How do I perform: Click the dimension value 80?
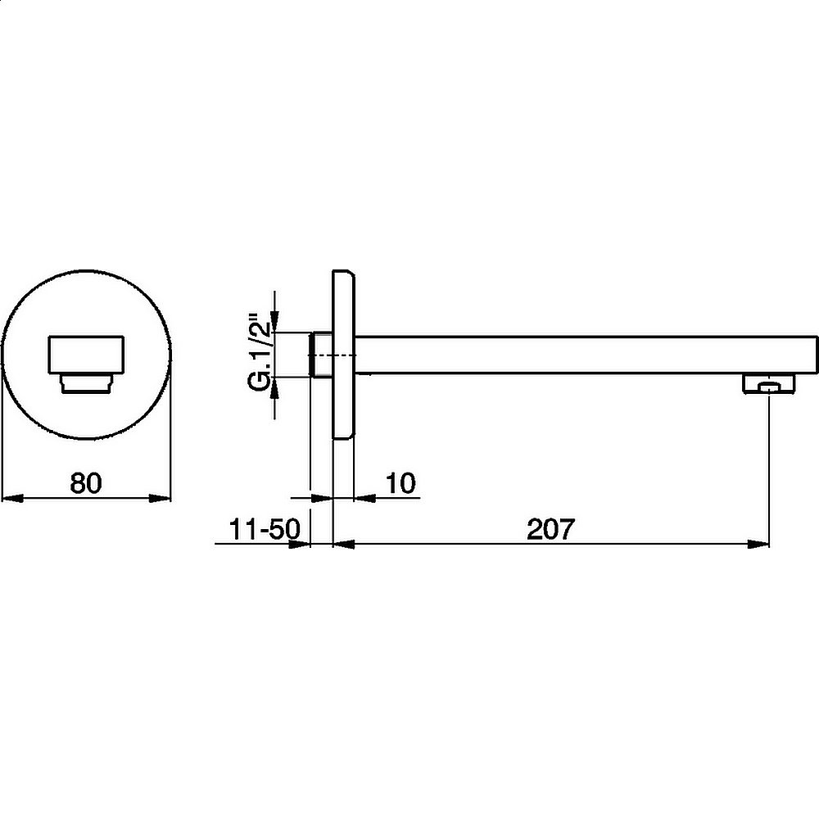[x=86, y=483]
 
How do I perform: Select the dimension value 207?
[x=550, y=529]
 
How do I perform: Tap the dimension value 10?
[x=401, y=483]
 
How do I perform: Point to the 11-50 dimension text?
[x=265, y=529]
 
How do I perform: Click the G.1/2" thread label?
[x=260, y=352]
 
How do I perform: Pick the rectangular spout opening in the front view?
[x=86, y=355]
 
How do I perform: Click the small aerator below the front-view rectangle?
[x=86, y=383]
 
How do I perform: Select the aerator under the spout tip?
[x=769, y=384]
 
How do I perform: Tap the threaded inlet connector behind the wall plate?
[x=321, y=355]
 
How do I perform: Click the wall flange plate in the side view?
[x=344, y=355]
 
